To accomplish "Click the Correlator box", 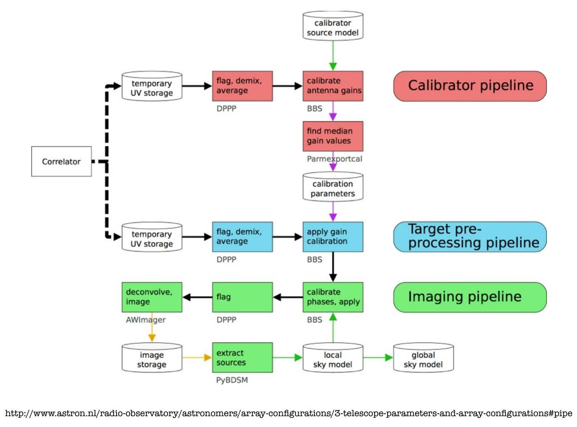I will click(x=62, y=161).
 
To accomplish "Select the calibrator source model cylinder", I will click(x=333, y=27).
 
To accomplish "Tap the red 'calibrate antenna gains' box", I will click(x=333, y=86).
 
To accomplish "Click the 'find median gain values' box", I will click(x=333, y=136).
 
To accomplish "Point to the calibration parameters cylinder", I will click(x=333, y=188).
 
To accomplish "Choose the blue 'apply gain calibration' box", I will click(x=333, y=237).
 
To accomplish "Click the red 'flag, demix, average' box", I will click(x=242, y=86).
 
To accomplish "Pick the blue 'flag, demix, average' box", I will click(x=242, y=237).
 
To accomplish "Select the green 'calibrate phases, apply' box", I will click(x=333, y=297).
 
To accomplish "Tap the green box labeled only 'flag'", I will click(x=242, y=297).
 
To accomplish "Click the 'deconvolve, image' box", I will click(x=152, y=297).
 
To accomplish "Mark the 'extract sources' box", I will click(x=242, y=357).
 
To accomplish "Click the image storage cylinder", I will click(x=152, y=358).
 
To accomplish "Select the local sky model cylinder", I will click(x=333, y=358).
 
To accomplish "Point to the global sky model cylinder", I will click(x=423, y=358).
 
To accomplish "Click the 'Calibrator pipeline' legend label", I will click(x=470, y=86).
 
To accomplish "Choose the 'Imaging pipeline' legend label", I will click(x=470, y=297).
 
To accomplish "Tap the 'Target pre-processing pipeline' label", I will click(x=470, y=237).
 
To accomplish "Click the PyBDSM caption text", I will click(x=232, y=380).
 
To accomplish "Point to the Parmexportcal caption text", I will click(x=335, y=159).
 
